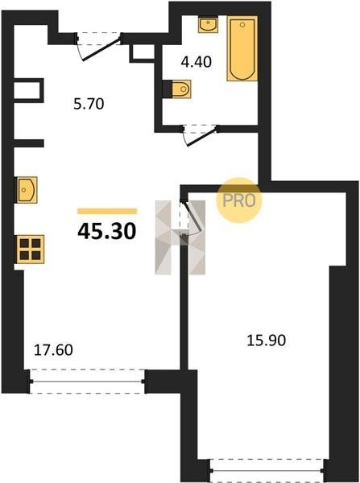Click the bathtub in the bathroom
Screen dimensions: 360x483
coord(242,48)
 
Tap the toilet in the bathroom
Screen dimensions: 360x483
coord(181,89)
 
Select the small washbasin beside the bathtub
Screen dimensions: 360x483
coord(208,25)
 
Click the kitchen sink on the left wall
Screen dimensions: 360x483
coord(27,190)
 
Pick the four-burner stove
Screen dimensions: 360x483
coord(31,250)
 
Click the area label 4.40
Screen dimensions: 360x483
coord(197,62)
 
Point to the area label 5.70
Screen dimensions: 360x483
coord(89,104)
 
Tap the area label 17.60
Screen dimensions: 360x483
coord(53,350)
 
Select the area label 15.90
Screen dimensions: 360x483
coord(267,341)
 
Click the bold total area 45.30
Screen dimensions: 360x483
coord(106,232)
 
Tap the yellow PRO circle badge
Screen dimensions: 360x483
coord(238,200)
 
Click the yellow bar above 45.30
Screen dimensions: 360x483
coord(107,211)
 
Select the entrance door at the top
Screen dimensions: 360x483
coord(98,46)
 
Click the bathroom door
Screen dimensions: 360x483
coord(201,134)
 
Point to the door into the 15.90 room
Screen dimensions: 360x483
coord(191,218)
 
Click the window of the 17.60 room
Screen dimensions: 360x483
coord(87,382)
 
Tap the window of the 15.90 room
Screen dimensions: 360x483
coord(267,470)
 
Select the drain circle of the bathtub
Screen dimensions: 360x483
coord(242,24)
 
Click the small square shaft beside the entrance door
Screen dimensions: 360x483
coord(142,54)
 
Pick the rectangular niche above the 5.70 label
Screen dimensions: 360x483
coord(28,90)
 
